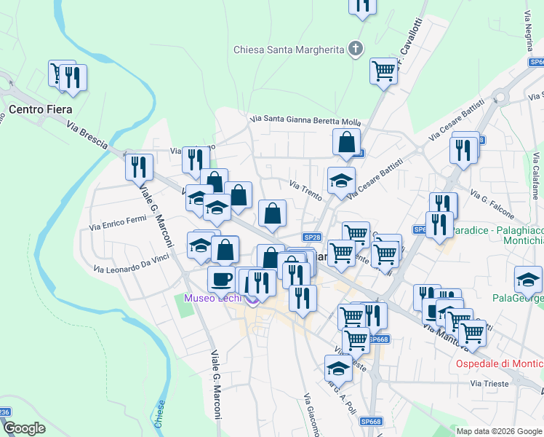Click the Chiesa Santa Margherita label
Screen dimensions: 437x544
tap(288, 50)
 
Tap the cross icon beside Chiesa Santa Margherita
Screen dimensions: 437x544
tap(356, 50)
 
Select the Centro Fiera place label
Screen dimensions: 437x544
tap(41, 109)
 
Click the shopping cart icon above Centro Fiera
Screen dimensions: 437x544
tap(58, 72)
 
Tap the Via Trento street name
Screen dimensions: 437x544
tap(305, 190)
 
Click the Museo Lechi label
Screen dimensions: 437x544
tap(214, 299)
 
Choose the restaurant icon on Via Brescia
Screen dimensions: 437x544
tap(138, 167)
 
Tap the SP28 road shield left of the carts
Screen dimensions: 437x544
tap(312, 237)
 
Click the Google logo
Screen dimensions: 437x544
tap(24, 428)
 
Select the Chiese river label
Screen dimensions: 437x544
tap(161, 413)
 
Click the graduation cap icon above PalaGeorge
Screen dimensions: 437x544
tap(528, 279)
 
